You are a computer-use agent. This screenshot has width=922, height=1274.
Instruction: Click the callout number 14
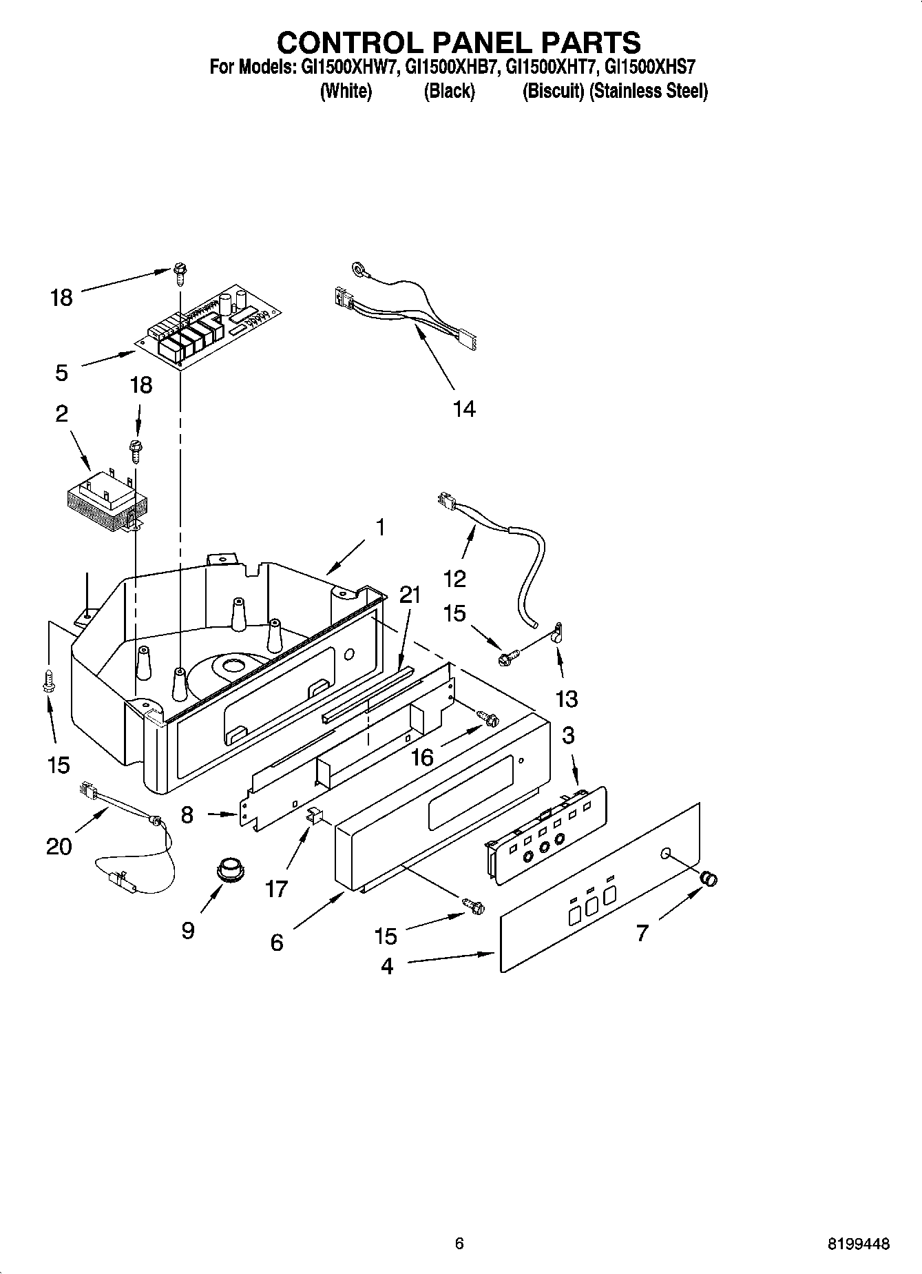point(464,409)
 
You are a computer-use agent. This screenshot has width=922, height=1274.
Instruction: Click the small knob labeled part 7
point(709,879)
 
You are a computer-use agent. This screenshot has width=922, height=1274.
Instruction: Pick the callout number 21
point(410,594)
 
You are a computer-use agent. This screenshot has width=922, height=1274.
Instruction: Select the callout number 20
point(59,845)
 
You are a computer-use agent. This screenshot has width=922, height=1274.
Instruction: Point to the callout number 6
point(276,942)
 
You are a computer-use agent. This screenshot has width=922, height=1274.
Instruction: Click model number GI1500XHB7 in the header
point(449,68)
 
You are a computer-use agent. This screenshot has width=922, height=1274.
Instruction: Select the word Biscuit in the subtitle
point(553,91)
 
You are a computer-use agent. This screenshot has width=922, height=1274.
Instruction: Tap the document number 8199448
point(858,1244)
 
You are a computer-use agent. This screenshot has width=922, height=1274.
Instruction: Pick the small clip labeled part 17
point(314,815)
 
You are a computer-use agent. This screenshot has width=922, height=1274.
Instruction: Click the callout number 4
point(387,966)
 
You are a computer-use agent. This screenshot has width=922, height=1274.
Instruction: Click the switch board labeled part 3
point(548,833)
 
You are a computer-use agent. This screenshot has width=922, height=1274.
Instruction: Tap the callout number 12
point(454,578)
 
